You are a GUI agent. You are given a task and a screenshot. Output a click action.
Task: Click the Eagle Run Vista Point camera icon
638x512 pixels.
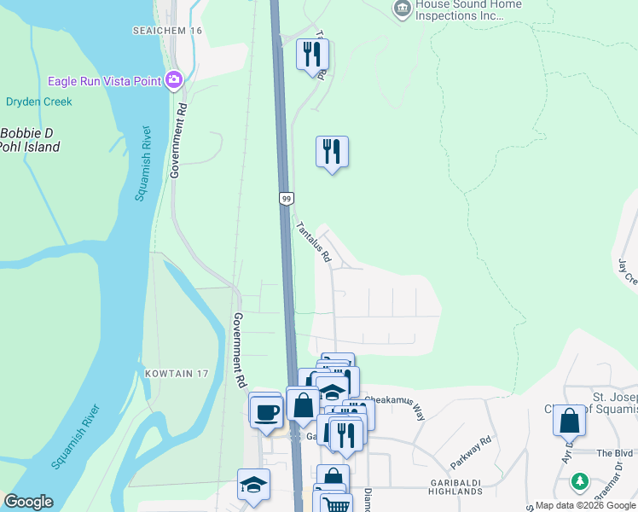coord(175,79)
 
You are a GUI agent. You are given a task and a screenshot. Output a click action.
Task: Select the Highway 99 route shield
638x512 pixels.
coord(287,198)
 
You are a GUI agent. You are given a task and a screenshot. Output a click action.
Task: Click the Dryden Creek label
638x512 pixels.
coord(39,102)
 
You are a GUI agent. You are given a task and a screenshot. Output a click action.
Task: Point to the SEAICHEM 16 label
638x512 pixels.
coord(167,30)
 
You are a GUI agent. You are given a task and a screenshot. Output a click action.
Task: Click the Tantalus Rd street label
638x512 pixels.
coord(312,241)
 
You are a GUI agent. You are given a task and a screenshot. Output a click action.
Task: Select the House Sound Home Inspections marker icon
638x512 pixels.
coord(402,8)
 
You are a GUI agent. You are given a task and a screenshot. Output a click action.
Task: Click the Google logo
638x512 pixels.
coord(28,502)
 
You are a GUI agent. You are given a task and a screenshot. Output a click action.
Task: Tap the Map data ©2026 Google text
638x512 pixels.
coord(584,505)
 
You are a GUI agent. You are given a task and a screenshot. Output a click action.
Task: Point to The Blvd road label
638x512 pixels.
coord(616,453)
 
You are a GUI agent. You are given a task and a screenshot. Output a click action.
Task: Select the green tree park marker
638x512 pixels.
coord(580,482)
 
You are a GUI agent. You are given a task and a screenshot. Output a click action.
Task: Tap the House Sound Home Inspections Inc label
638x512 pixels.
coord(467,9)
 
